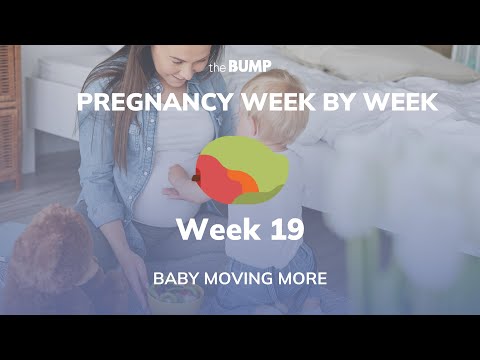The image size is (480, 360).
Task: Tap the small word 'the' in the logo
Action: pos(219,68)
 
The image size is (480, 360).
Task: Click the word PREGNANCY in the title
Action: pos(138,103)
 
